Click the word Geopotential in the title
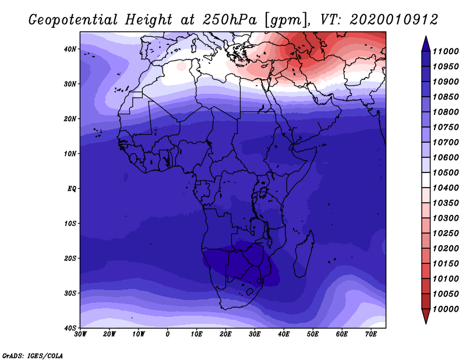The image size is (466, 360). point(73,20)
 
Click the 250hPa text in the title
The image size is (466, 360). point(230,20)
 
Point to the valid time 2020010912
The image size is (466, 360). point(394,20)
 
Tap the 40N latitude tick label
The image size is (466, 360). point(70,49)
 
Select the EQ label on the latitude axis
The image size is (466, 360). point(72,189)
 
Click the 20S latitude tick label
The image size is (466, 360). point(70,258)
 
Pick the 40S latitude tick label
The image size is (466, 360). point(70,328)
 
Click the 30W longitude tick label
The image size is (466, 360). point(80,334)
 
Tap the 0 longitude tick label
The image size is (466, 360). point(168,334)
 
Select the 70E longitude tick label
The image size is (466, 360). point(371,334)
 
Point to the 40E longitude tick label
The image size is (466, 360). point(284,334)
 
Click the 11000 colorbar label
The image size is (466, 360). point(446,51)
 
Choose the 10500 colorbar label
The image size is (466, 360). point(446,172)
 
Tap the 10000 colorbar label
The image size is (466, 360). point(446,309)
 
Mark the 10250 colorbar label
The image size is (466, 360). point(446,234)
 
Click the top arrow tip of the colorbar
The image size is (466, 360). point(426,36)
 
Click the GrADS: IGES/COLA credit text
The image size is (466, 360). point(33,355)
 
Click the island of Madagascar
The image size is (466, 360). point(303,255)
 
